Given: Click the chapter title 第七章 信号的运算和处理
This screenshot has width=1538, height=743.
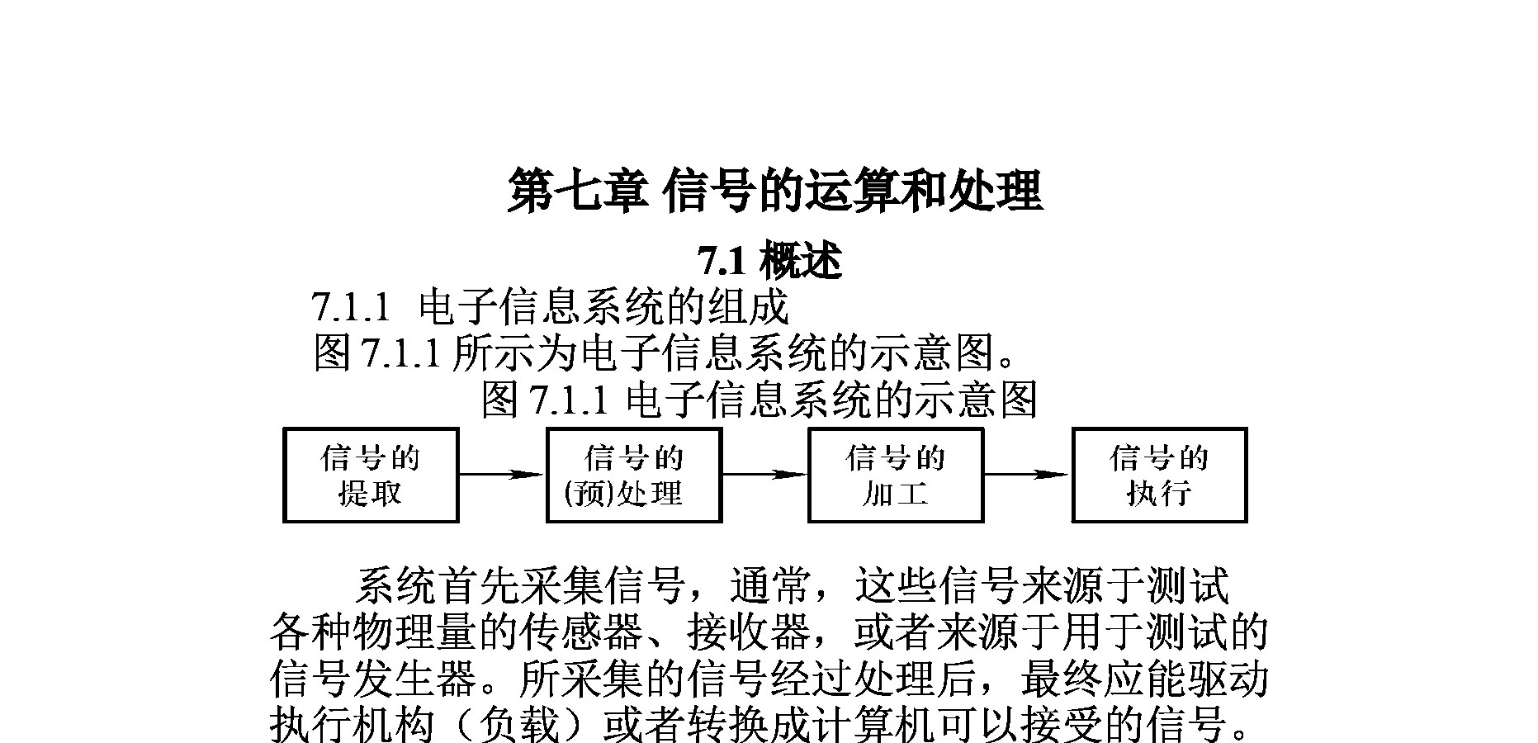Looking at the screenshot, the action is click(774, 191).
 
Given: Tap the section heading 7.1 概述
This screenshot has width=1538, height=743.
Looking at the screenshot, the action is click(769, 262).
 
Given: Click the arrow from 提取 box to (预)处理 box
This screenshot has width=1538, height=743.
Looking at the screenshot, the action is click(502, 475).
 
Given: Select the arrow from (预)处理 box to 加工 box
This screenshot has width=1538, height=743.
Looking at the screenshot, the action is click(764, 475).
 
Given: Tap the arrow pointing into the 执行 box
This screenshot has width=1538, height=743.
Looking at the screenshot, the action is click(1028, 475).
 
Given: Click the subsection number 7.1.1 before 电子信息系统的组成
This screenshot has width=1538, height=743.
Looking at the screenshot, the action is click(351, 308).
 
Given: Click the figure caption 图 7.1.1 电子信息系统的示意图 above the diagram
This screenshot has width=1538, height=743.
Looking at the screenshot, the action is click(759, 400).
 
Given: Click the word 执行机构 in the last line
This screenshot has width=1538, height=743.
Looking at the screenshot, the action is click(353, 726).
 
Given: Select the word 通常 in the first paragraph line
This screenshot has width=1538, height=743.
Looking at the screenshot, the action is click(770, 586).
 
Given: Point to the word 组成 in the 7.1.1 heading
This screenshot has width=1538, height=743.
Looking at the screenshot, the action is click(749, 308).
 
